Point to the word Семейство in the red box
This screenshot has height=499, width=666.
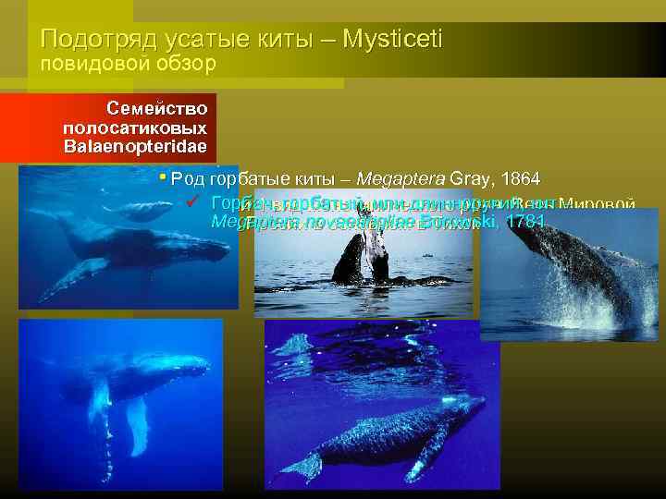[x=156, y=108]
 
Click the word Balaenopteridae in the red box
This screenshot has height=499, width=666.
[x=135, y=146]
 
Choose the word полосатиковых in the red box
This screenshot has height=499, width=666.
[x=135, y=127]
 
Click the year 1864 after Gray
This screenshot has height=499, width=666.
[x=520, y=178]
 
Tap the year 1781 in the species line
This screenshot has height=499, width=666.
[x=520, y=222]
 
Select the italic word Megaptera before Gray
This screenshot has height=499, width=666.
[x=401, y=178]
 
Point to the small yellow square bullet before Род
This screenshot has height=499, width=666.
[x=162, y=176]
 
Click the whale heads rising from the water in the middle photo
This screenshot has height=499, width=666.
[x=363, y=254]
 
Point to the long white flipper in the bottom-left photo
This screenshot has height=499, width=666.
[x=138, y=425]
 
